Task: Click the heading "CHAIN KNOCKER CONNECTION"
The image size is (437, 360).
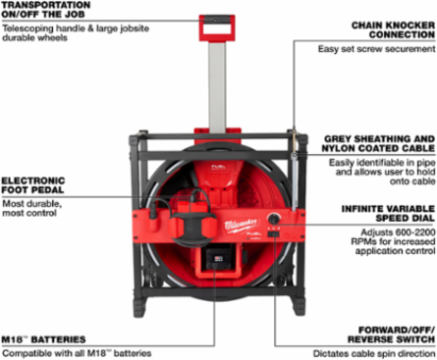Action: pos(393,30)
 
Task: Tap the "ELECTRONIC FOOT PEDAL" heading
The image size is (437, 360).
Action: pos(33,185)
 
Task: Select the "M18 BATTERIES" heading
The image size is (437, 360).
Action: pos(43,339)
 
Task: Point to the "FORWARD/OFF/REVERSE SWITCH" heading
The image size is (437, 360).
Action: pos(392,334)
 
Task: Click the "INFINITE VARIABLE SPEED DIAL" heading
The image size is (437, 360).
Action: pos(388,214)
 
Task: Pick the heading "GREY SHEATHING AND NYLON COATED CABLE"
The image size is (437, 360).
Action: pos(378,144)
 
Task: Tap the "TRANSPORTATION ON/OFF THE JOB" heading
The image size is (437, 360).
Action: pos(46,10)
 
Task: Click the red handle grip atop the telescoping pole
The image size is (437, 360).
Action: pos(217,28)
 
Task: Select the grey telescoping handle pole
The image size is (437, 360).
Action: pos(217,86)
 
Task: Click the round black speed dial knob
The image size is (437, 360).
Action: pos(274,218)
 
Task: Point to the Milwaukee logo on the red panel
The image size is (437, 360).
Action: pos(242,226)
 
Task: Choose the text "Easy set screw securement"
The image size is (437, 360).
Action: pos(377,49)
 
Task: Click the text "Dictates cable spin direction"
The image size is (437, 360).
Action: pos(374,353)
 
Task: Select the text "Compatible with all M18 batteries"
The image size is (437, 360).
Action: pos(77,353)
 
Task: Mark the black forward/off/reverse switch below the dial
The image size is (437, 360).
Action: pos(274,233)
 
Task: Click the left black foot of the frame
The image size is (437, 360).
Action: pos(140,305)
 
